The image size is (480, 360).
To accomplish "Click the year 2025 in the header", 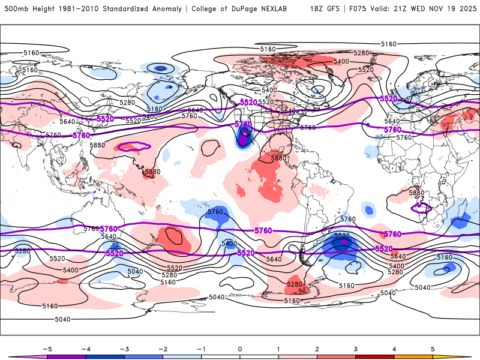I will pyautogui.click(x=465, y=9).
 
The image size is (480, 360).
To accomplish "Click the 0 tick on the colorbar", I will pyautogui.click(x=240, y=348).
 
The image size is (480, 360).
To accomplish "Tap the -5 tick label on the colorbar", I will pyautogui.click(x=47, y=348).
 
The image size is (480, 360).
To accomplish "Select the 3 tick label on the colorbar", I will pyautogui.click(x=355, y=348).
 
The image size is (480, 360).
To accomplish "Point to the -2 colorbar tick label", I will pyautogui.click(x=163, y=348).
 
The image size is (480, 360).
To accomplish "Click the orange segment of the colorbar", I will pyautogui.click(x=413, y=356).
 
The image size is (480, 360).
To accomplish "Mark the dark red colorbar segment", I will pyautogui.click(x=375, y=356).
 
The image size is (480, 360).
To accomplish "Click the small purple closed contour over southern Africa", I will pyautogui.click(x=421, y=208).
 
